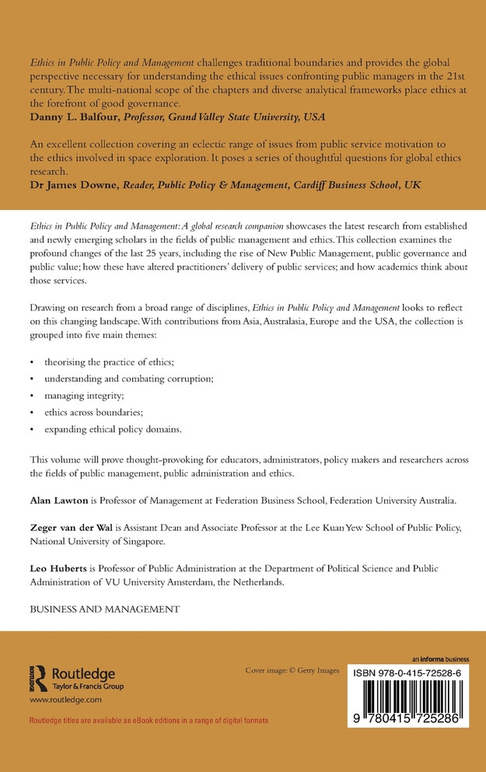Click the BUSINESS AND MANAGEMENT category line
pyautogui.click(x=105, y=610)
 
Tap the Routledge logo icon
pyautogui.click(x=37, y=678)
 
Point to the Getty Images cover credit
pyautogui.click(x=292, y=670)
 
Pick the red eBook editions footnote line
pyautogui.click(x=149, y=721)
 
